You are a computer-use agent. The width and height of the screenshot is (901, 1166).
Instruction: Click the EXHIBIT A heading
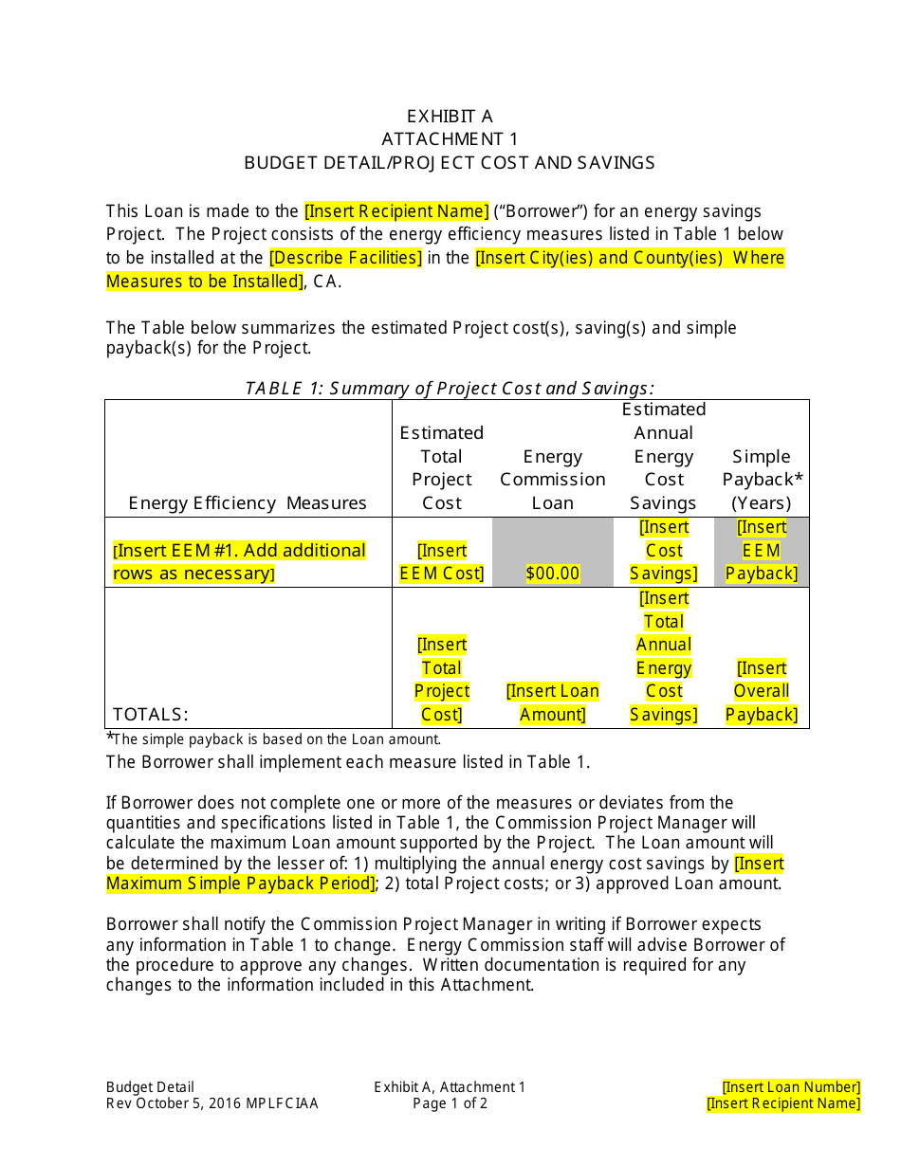click(450, 117)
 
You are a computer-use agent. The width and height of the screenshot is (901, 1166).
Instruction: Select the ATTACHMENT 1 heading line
click(450, 139)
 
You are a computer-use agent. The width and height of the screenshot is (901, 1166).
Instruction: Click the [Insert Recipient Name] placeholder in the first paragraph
click(396, 211)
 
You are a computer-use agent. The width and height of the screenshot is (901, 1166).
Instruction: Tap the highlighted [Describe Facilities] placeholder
click(345, 258)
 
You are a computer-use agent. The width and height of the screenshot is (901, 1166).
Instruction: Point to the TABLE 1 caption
click(450, 388)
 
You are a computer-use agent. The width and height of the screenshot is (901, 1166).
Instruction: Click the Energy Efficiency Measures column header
click(248, 503)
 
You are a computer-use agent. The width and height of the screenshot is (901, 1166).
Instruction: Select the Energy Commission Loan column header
click(553, 480)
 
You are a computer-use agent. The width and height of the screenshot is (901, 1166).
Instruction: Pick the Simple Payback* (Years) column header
click(761, 480)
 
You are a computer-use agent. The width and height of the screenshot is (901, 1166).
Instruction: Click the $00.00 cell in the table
click(553, 574)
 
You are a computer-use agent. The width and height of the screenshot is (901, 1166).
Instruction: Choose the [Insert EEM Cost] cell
click(442, 562)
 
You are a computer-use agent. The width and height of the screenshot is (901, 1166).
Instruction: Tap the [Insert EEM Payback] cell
click(762, 551)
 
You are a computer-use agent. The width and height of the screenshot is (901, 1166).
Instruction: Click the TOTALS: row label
click(151, 715)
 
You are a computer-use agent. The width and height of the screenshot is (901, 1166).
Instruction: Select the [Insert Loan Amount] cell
click(553, 703)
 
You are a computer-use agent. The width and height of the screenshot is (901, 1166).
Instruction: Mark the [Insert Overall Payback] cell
click(762, 691)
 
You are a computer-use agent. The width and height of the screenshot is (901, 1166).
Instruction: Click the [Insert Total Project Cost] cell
click(442, 680)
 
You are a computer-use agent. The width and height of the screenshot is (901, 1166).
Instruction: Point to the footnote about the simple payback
click(275, 739)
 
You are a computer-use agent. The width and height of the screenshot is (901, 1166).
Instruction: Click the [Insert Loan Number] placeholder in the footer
click(791, 1087)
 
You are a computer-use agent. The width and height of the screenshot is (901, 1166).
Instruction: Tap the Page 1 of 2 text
click(450, 1103)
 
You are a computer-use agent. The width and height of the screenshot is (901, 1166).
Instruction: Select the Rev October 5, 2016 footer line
click(212, 1103)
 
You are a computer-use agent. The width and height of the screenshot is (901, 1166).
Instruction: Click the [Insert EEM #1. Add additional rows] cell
click(239, 562)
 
